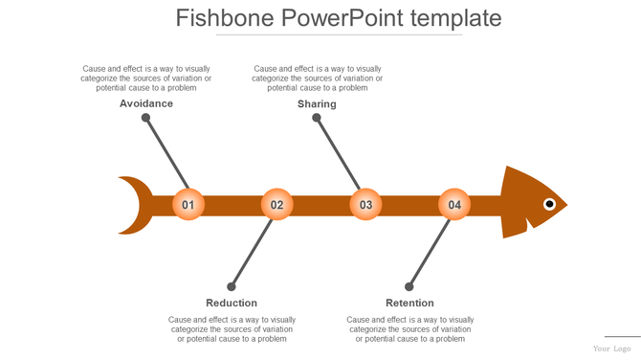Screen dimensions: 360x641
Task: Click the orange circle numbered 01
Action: point(188,205)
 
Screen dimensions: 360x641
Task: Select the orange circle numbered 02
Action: point(276,205)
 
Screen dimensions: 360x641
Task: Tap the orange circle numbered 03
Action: point(365,205)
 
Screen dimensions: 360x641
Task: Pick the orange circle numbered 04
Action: point(454,205)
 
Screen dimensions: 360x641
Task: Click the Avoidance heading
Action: point(146,103)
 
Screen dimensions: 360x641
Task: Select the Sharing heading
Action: point(317,103)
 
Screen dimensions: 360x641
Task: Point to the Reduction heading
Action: point(232,304)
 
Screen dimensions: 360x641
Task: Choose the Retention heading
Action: point(409,304)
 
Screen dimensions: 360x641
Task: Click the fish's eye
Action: point(549,204)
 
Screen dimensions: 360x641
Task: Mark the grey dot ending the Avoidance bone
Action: point(145,118)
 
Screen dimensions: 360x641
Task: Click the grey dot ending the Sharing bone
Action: point(317,118)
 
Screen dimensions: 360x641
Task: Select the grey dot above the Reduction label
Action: point(232,286)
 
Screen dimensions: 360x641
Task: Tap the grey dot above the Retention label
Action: point(409,286)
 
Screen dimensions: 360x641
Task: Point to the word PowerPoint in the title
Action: point(343,18)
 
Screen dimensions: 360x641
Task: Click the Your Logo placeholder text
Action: point(616,349)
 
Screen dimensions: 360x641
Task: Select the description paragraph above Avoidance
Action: point(146,79)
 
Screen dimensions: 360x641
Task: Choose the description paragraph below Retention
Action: point(409,329)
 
